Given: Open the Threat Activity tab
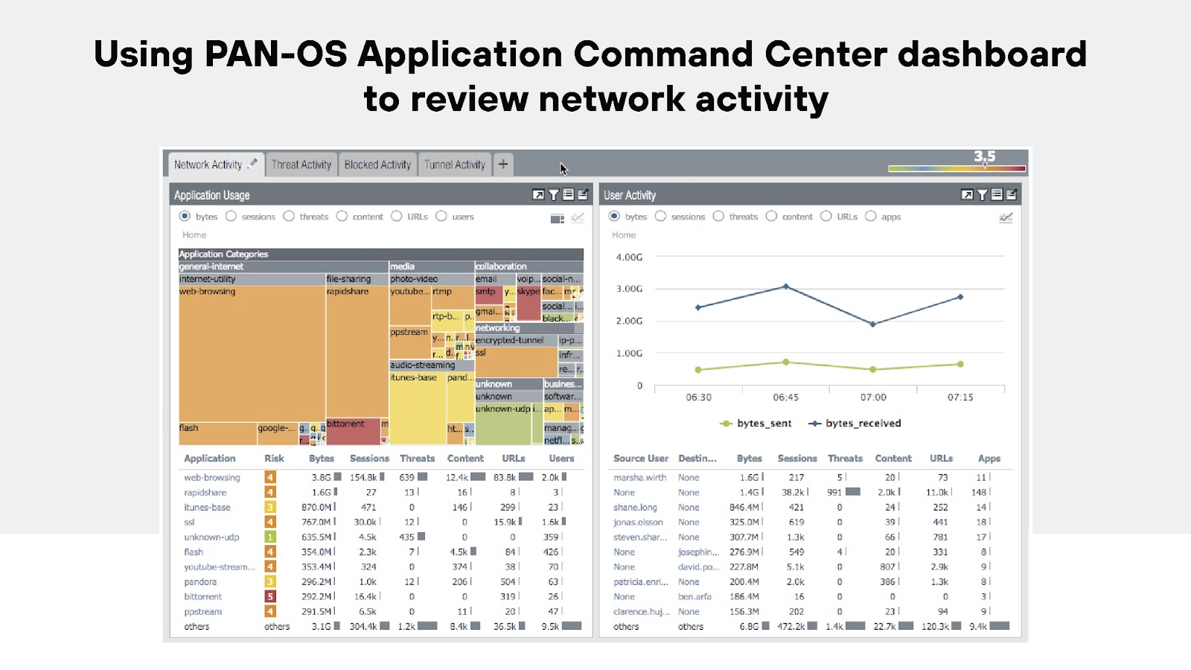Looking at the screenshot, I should (301, 165).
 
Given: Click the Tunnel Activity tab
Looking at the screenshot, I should (454, 165).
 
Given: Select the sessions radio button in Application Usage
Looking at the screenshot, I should (231, 217).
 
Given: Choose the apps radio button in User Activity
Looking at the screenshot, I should (870, 217).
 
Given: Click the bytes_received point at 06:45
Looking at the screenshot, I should (786, 287).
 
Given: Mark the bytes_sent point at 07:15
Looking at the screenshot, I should (960, 364).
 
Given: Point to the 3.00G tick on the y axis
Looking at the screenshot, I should (629, 289).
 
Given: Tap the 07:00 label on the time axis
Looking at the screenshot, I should (873, 398).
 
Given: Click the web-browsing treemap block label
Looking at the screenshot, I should (208, 292).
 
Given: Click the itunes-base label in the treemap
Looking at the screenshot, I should (414, 377).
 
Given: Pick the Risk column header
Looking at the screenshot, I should (274, 459).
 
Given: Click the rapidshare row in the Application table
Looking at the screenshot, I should (205, 493).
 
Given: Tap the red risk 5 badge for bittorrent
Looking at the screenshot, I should (270, 597).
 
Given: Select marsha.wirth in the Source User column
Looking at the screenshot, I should (639, 478).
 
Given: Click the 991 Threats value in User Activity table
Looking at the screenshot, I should (834, 493).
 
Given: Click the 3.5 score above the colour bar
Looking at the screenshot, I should (984, 156).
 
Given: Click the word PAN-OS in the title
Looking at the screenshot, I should (275, 54).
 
